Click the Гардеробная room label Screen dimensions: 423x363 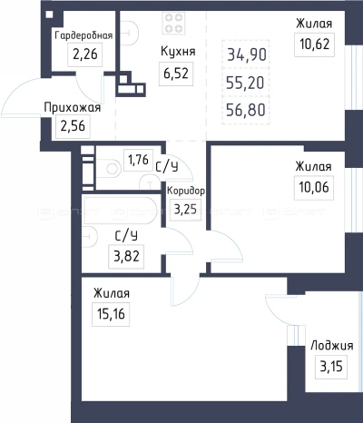coord(83,35)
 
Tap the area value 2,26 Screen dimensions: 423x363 coord(83,54)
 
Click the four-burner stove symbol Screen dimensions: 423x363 coord(174,20)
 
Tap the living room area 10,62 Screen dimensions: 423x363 coord(313,41)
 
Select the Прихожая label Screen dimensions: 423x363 coord(72,108)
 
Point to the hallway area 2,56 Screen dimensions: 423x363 coord(73,126)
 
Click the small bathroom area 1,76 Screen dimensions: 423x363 coord(138,161)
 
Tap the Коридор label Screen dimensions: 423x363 coord(186,192)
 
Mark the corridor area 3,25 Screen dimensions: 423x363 coord(184,209)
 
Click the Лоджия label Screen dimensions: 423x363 coord(326,346)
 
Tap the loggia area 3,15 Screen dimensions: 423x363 coord(325,366)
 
